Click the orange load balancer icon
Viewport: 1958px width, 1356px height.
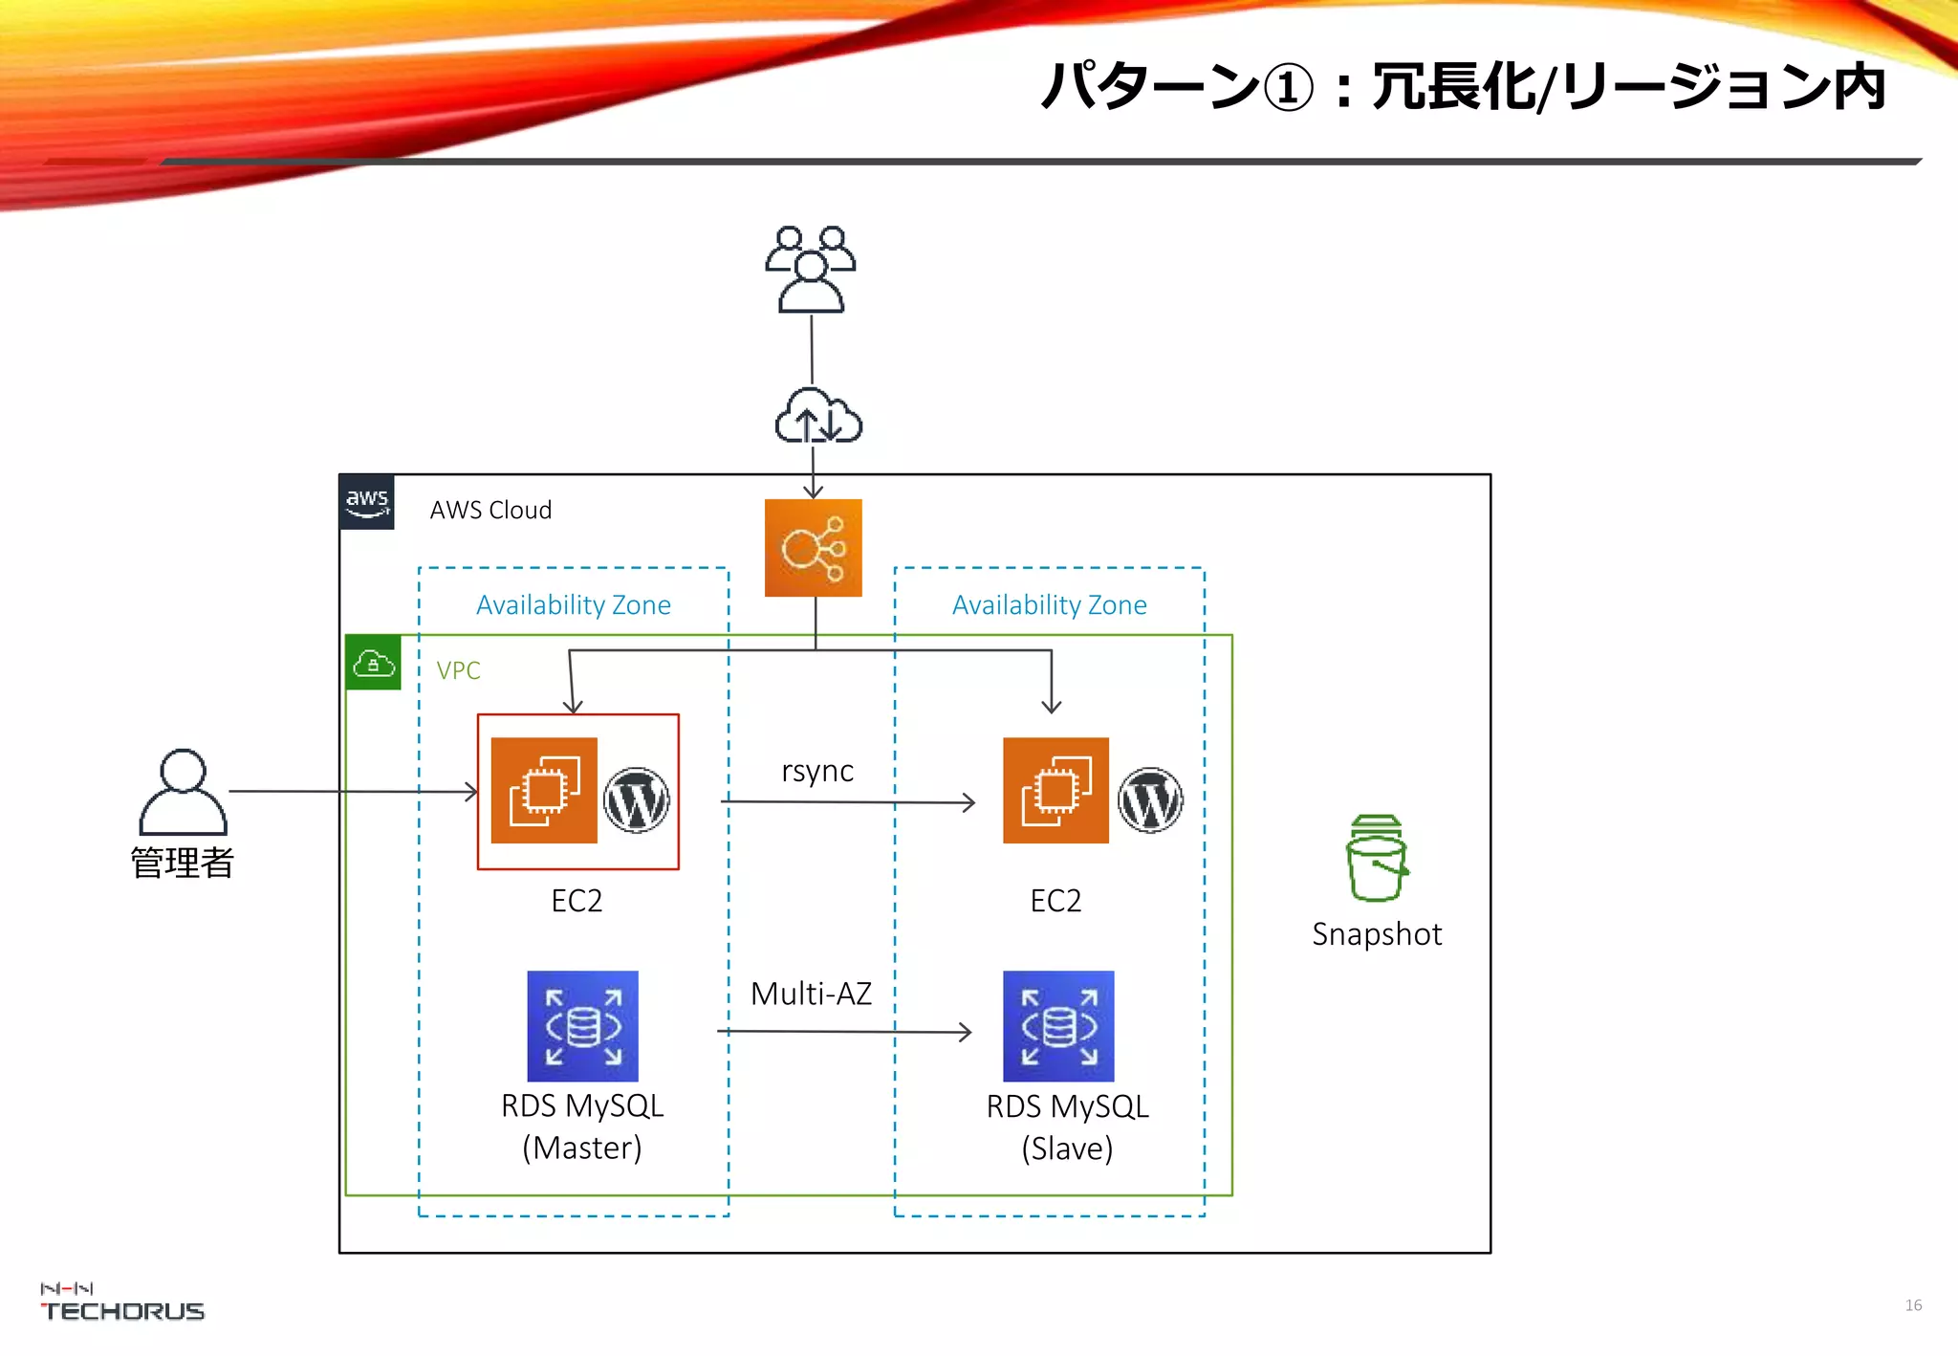(813, 548)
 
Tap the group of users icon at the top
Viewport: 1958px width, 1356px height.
(811, 270)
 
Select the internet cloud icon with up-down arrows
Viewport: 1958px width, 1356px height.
(817, 417)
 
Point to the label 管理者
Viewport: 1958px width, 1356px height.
(182, 863)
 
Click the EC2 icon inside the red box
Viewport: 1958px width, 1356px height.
(544, 790)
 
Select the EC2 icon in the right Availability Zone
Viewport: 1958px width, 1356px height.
(1055, 790)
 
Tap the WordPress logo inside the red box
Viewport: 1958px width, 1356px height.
(636, 800)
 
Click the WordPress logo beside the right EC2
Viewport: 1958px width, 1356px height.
(1150, 800)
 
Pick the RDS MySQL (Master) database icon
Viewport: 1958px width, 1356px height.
(582, 1026)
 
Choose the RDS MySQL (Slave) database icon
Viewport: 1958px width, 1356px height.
(1058, 1026)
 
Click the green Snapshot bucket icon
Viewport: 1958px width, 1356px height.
(1376, 858)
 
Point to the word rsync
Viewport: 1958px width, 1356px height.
(817, 771)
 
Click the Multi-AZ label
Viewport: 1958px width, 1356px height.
(811, 994)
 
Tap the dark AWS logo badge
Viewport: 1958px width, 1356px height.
(367, 502)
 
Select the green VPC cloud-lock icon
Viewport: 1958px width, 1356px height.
(373, 663)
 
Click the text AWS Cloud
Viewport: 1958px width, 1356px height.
(490, 510)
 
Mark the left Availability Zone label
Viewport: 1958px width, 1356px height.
(574, 604)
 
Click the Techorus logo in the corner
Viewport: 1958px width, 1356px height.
(121, 1303)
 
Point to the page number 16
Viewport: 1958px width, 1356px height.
(1913, 1305)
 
